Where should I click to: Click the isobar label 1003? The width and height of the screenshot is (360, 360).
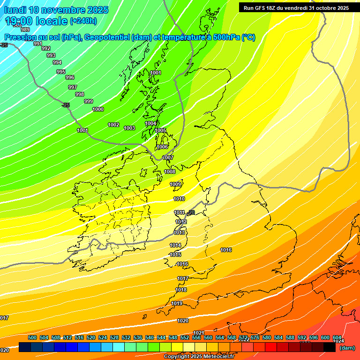tap(129, 128)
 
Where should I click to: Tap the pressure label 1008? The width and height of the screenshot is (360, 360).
tap(170, 172)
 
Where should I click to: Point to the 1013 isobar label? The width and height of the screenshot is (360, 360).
tap(179, 233)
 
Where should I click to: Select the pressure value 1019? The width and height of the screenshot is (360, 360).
tap(177, 304)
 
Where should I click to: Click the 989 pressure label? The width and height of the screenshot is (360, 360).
tap(25, 30)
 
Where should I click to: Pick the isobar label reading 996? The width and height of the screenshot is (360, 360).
tap(70, 78)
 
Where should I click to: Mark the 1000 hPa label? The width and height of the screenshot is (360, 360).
tap(98, 110)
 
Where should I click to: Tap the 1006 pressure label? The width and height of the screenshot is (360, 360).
tap(162, 147)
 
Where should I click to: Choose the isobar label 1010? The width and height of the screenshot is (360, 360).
tap(179, 199)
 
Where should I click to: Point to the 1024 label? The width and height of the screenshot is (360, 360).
tap(338, 341)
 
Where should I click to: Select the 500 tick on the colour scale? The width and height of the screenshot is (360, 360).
tap(32, 338)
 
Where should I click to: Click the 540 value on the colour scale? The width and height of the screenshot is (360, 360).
tap(150, 338)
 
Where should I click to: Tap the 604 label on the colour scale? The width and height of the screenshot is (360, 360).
tap(337, 338)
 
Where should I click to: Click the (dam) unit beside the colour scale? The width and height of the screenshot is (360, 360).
tap(347, 348)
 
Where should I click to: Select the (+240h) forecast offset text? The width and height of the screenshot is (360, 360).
tap(83, 21)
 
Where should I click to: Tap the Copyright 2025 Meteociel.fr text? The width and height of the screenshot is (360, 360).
tap(199, 357)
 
